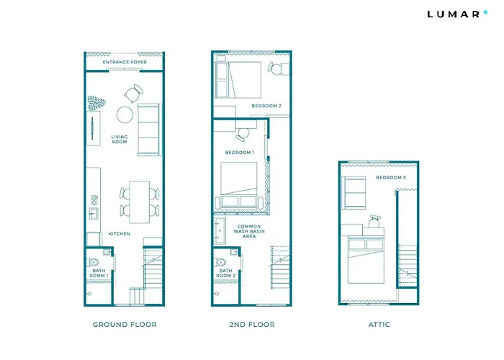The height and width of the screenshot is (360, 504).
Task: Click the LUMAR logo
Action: coord(457,14)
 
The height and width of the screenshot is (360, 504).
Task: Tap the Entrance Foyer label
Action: coord(125,62)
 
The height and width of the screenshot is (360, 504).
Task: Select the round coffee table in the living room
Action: coord(125,114)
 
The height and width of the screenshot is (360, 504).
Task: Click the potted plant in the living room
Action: coord(96,103)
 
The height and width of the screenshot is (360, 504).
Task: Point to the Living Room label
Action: coord(120,139)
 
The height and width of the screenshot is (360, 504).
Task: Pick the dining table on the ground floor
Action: coord(140,202)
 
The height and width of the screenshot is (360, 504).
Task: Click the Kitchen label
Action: coord(120,234)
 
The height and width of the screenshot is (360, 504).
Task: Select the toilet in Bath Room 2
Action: coord(221,262)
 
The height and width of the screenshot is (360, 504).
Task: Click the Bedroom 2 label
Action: coord(266,106)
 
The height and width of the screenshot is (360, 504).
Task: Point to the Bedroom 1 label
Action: coord(240,153)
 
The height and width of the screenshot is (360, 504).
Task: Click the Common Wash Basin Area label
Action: coord(249,231)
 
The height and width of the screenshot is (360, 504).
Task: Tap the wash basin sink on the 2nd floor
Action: coord(220,230)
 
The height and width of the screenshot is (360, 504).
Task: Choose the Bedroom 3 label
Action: coord(391,177)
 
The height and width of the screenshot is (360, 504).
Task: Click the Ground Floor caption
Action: coord(125,325)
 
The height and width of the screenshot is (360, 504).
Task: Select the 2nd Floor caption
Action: coord(252,325)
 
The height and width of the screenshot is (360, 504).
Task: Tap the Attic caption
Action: coord(379,325)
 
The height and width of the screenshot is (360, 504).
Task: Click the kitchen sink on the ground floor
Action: coord(94,213)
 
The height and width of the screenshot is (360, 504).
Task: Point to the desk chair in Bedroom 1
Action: coord(243,135)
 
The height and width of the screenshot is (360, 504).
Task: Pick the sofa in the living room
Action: coord(149,130)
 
